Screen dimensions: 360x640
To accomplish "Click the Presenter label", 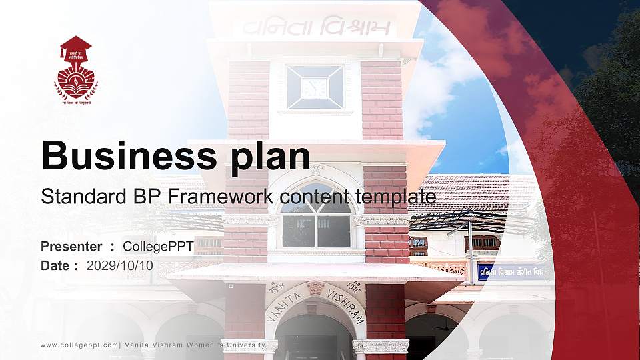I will [71, 247].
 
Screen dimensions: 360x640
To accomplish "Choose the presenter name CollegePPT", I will [158, 247].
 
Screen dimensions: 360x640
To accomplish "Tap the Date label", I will [55, 265].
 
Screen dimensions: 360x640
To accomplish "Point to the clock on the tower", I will [315, 87].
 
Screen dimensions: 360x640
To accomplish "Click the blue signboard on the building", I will [511, 272].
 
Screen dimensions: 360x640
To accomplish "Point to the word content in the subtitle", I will [308, 197].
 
